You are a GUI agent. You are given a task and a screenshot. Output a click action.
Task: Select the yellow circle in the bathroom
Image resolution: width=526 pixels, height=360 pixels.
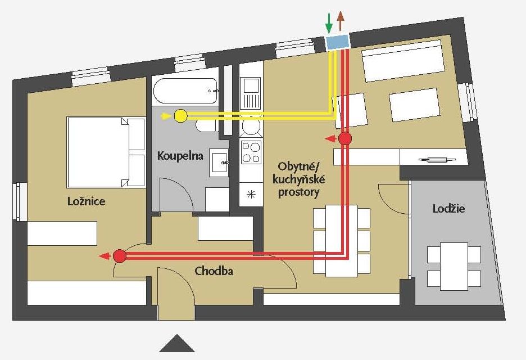180,116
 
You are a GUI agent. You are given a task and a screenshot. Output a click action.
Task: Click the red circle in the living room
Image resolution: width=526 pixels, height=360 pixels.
346,138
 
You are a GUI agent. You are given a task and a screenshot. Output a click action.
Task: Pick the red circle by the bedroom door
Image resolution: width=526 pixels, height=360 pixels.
119,256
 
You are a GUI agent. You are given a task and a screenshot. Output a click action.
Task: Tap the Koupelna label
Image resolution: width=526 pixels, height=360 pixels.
180,155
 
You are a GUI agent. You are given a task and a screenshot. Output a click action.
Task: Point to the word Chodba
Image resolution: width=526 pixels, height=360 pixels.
214,271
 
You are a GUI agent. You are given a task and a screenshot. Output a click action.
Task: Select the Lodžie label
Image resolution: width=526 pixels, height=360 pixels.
448,209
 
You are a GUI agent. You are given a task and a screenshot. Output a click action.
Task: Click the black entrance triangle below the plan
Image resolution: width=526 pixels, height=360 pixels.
176,343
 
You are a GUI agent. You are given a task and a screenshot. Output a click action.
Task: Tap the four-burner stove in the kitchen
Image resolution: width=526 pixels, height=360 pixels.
251,151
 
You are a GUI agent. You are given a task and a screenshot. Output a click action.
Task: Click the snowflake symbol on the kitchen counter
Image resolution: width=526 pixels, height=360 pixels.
251,195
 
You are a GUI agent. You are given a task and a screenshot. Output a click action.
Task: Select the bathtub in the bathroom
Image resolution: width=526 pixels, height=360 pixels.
185,89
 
